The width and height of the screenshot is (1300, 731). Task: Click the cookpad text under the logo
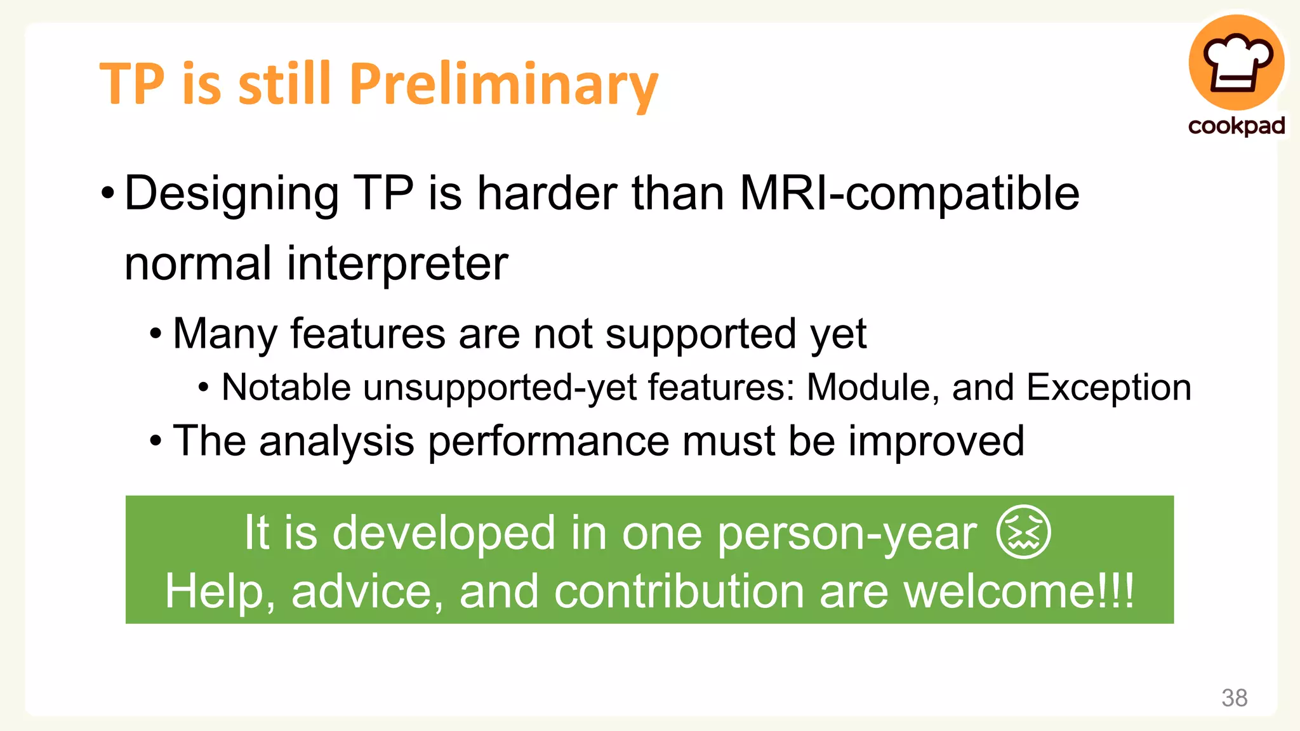pyautogui.click(x=1237, y=126)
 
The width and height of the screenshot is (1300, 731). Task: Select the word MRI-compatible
pyautogui.click(x=909, y=194)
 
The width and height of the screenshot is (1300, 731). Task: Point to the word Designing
pyautogui.click(x=232, y=195)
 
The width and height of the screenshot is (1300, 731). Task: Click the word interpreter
pyautogui.click(x=397, y=265)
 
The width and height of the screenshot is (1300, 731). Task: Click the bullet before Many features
pyautogui.click(x=156, y=334)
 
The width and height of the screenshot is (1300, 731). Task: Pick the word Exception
pyautogui.click(x=1108, y=387)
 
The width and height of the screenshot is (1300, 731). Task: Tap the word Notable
pyautogui.click(x=286, y=387)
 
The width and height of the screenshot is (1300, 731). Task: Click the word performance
pyautogui.click(x=548, y=441)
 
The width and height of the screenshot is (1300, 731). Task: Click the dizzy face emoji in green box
pyautogui.click(x=1024, y=532)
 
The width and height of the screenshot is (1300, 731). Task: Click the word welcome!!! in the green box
pyautogui.click(x=1018, y=591)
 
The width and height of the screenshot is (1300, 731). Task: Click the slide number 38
pyautogui.click(x=1234, y=698)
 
